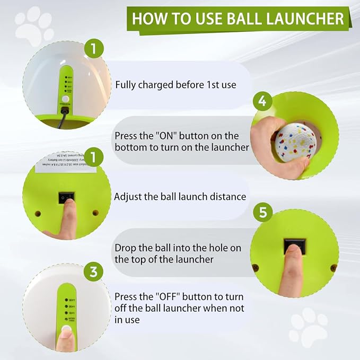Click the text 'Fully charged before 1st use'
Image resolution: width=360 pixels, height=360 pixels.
[175, 85]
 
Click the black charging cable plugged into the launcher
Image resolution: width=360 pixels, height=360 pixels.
[62, 120]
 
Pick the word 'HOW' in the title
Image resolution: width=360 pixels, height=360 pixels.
[145, 19]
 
